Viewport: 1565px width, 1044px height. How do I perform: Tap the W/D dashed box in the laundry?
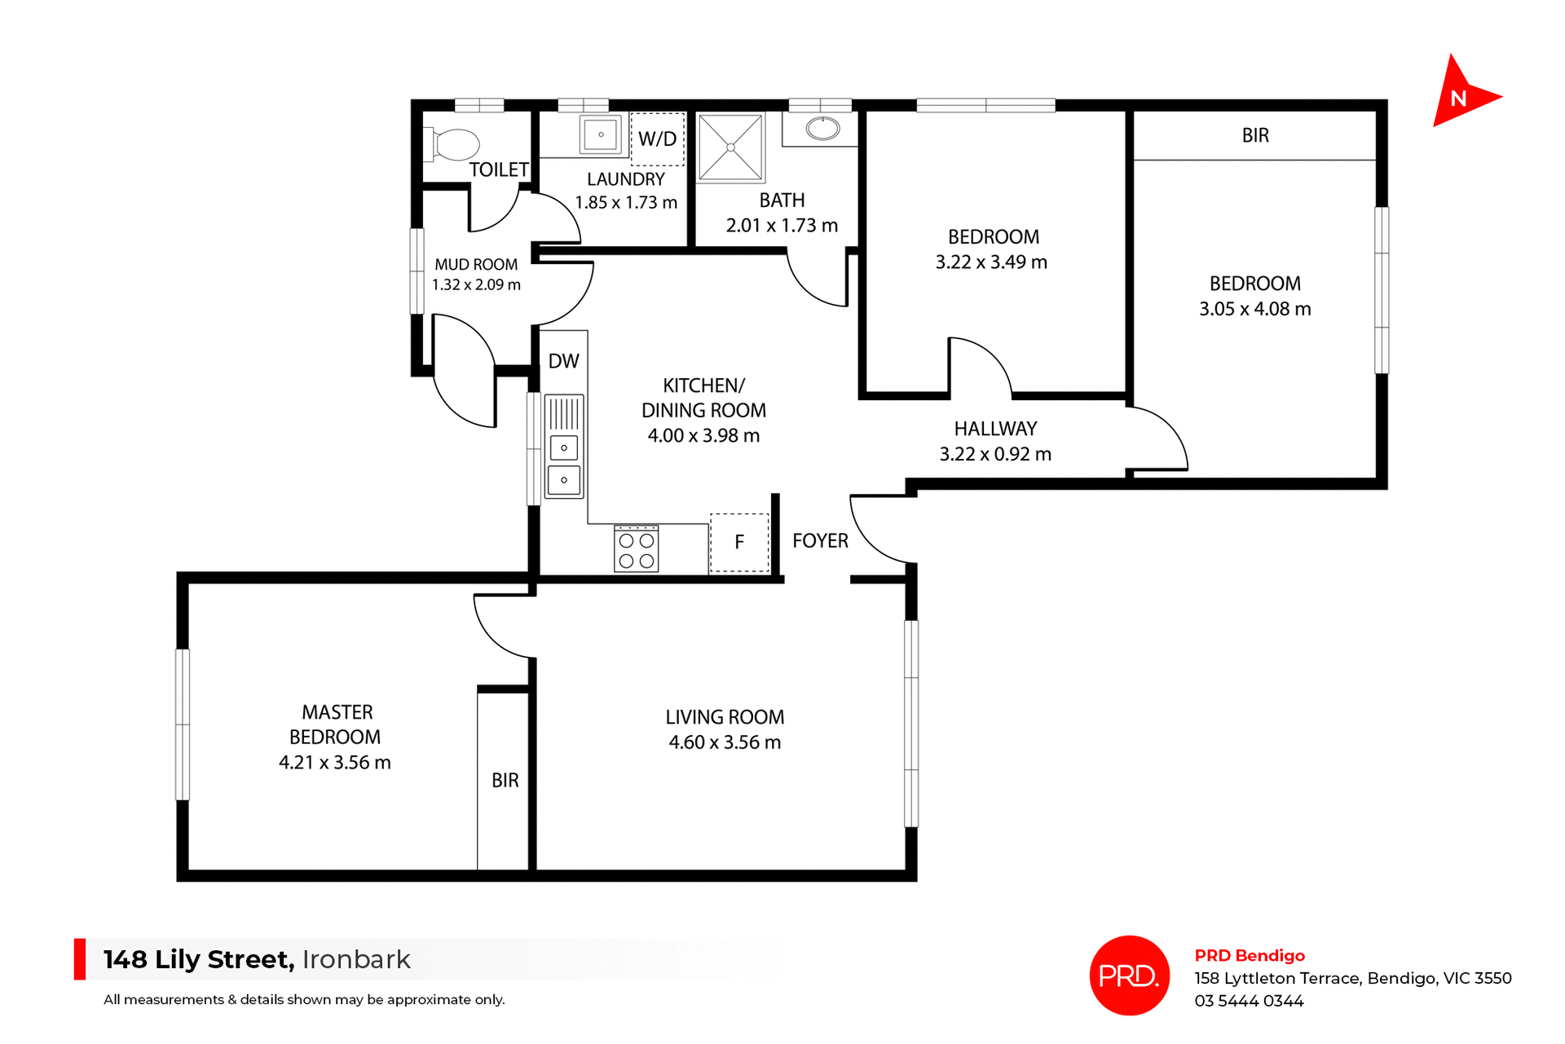click(657, 139)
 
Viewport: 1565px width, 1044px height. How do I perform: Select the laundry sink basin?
click(600, 134)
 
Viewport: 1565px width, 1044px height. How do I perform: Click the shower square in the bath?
click(731, 148)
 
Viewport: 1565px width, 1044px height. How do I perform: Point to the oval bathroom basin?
click(822, 129)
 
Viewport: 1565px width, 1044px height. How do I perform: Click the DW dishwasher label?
click(563, 361)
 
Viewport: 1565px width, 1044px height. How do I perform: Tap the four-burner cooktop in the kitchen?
click(636, 550)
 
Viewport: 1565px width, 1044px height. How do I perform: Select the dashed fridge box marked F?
click(739, 542)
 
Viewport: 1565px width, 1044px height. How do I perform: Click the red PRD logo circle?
click(1129, 975)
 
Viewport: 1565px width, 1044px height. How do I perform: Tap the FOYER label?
click(820, 541)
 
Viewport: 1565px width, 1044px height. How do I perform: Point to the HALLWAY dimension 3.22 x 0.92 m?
click(995, 455)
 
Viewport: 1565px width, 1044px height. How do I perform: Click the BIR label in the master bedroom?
click(505, 781)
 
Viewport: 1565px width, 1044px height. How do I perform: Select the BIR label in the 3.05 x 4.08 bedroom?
click(1255, 135)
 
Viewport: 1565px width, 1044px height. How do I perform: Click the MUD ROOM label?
click(476, 265)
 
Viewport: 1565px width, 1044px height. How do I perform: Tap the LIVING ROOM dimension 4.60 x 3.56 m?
click(725, 742)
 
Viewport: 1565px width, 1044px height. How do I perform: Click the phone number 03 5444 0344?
click(1249, 1001)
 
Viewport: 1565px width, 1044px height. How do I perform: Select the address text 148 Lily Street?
click(198, 959)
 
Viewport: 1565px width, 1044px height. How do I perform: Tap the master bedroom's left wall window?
click(183, 724)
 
